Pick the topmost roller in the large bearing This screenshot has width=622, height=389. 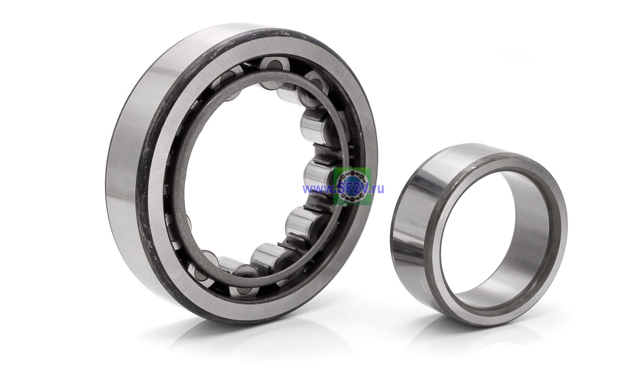[x=274, y=66]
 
